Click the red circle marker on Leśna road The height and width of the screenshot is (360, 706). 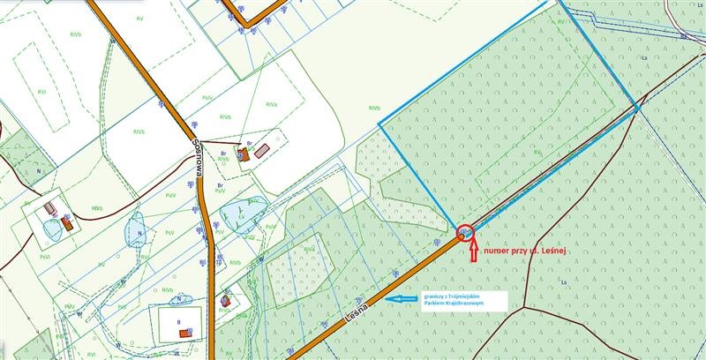pos(464,233)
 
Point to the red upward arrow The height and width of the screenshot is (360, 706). pos(473,251)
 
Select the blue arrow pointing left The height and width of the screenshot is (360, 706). pos(406,299)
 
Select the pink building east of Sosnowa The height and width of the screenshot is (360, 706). pos(261,151)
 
